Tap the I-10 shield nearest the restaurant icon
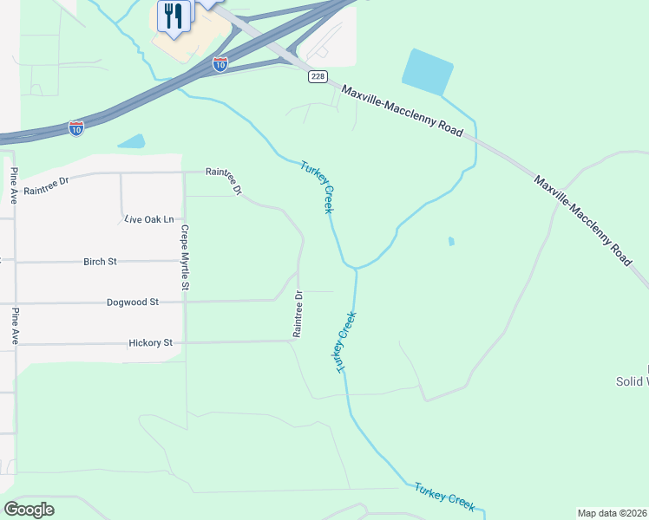[220, 63]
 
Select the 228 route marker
[317, 77]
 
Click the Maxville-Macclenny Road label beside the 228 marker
[402, 109]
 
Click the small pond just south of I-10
[131, 141]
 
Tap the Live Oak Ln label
[149, 220]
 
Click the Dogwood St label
[133, 302]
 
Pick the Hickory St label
[151, 343]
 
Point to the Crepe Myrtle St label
[185, 257]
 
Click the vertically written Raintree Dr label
[298, 314]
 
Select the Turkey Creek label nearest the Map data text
[443, 494]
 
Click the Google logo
[29, 510]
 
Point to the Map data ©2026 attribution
[612, 513]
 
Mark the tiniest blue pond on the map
[451, 241]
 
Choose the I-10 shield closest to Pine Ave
[76, 128]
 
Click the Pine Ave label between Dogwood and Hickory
[15, 325]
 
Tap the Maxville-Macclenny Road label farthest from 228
[582, 221]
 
